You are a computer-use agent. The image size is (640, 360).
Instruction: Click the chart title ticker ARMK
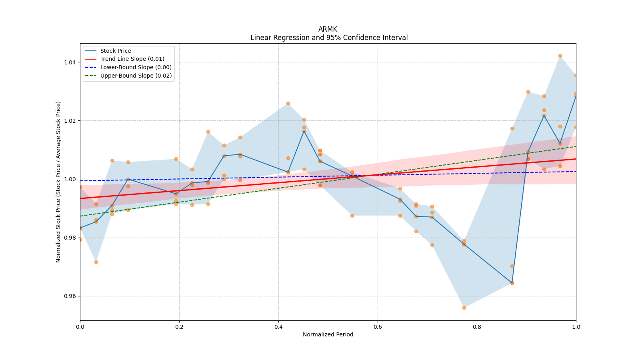tap(328, 29)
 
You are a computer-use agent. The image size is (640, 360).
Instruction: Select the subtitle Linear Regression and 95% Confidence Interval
tap(329, 38)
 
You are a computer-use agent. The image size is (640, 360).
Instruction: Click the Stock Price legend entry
tap(115, 51)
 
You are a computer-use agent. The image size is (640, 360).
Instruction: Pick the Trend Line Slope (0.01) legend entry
tap(132, 59)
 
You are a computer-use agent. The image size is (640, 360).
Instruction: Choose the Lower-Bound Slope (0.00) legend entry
tap(136, 67)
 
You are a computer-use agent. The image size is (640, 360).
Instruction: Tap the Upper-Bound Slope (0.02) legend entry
tap(136, 76)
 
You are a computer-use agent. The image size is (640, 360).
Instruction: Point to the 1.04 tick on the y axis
tap(70, 62)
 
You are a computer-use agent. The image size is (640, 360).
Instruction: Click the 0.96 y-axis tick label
tap(70, 296)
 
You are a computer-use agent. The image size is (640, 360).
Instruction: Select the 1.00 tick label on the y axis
tap(70, 179)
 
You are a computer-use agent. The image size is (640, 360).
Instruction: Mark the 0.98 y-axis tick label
tap(70, 238)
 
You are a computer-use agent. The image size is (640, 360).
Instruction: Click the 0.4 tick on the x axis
tap(278, 327)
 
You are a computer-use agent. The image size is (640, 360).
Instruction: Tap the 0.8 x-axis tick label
tap(477, 327)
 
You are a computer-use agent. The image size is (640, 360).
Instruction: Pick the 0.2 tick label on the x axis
tap(179, 327)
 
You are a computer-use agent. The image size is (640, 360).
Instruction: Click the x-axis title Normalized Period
tap(328, 334)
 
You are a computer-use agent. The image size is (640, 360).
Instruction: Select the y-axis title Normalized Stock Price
tap(58, 182)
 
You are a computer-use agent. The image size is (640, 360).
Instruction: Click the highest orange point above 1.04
tap(560, 56)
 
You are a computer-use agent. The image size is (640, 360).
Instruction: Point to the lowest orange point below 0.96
tap(464, 308)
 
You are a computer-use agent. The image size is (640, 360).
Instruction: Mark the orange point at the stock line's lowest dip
tap(512, 283)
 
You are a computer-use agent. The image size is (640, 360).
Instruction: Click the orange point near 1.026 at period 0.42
tap(288, 103)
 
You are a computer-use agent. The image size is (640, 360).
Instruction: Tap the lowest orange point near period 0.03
tap(96, 262)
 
